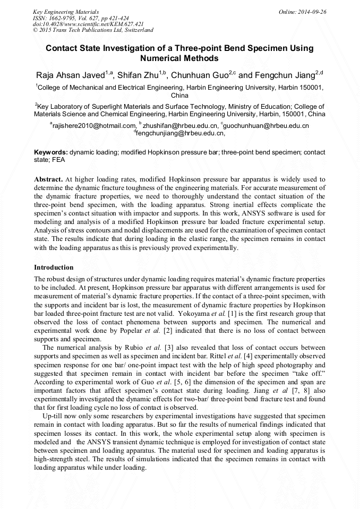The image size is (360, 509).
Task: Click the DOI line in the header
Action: (88, 24)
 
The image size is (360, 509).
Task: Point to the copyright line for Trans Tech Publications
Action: (93, 30)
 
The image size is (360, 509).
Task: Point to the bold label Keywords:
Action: (51, 152)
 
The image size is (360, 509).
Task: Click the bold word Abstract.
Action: (48, 179)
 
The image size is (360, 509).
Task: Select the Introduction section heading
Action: (54, 268)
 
